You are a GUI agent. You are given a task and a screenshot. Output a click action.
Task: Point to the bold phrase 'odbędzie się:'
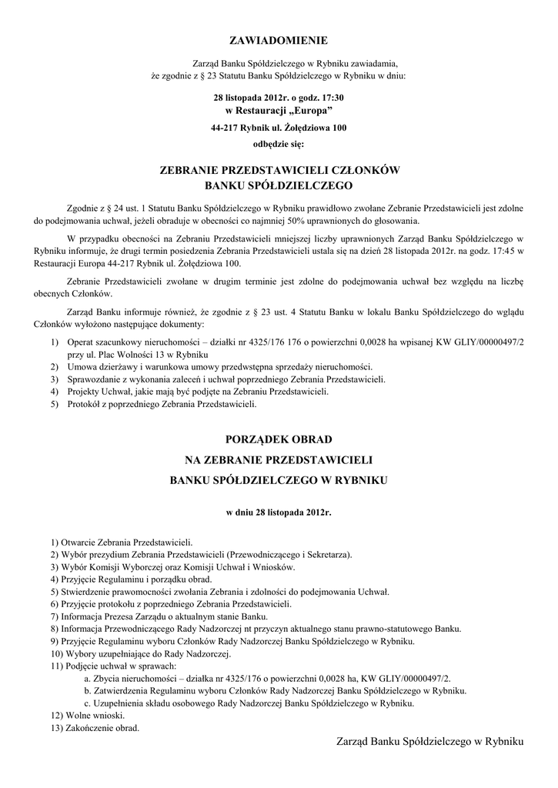[x=278, y=143]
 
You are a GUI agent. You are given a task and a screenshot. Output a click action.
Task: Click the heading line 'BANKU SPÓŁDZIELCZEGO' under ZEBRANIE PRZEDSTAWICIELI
[x=279, y=185]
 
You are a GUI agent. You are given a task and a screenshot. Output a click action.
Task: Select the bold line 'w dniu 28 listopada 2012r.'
[x=279, y=511]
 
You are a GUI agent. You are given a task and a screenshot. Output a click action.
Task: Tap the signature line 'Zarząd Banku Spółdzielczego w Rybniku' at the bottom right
[x=429, y=741]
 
